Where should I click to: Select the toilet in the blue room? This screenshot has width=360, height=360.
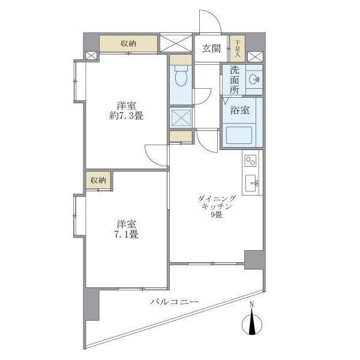[179, 77]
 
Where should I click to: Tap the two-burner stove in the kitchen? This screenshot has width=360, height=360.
[250, 160]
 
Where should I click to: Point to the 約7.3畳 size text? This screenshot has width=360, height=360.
[126, 116]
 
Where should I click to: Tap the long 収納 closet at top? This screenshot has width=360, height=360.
[128, 44]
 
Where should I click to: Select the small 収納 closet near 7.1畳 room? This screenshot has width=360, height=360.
[98, 180]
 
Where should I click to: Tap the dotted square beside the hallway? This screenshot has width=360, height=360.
[179, 117]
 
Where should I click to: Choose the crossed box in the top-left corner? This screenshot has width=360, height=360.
[91, 56]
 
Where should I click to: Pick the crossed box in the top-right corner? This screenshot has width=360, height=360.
[254, 56]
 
